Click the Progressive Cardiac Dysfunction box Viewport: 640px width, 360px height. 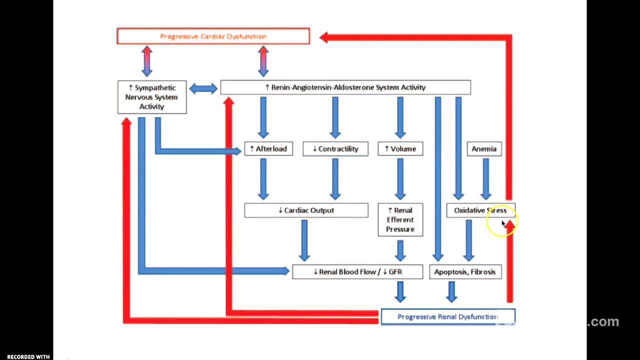coord(213,36)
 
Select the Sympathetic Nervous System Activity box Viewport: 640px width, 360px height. coord(152,97)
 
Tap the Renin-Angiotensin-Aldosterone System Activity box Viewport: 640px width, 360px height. coord(345,87)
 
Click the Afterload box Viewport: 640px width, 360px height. coord(268,149)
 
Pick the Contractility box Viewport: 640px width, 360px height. coord(335,149)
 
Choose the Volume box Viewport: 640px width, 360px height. coord(400,149)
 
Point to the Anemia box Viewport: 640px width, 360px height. coord(484,149)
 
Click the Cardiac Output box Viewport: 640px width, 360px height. coord(306,210)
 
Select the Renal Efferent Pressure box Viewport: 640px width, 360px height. coord(400,219)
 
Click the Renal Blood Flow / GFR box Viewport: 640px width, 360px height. coord(357,272)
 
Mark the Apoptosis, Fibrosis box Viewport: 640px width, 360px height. coord(465,272)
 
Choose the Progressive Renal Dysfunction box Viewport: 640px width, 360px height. coord(447,317)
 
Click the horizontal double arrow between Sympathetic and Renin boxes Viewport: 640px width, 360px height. coord(203,88)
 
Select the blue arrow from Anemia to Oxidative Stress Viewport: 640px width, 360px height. coord(485,179)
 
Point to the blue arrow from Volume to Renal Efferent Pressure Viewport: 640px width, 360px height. coord(400,179)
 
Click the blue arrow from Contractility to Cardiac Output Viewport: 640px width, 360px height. coord(335,179)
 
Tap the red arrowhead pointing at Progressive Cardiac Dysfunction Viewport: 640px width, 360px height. coord(324,37)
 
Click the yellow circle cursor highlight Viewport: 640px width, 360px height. coord(501,220)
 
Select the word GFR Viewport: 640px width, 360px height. coord(395,272)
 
